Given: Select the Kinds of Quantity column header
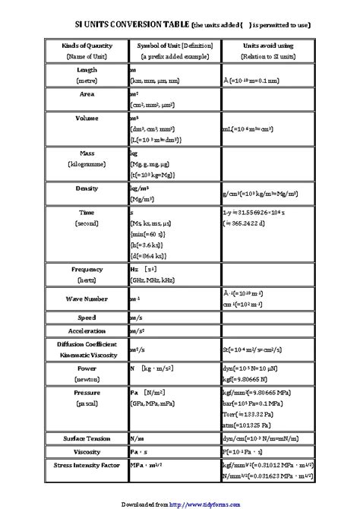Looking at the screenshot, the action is [87, 46].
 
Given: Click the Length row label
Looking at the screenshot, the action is [87, 69].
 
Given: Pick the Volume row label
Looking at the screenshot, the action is [87, 119].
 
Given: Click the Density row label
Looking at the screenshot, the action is [87, 188].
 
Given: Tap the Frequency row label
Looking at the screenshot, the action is [87, 270].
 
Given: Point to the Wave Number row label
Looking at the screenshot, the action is [87, 299].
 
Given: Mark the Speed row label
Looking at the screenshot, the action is [87, 317].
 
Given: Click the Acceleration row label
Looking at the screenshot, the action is [87, 331].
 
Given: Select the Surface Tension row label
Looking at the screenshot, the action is [87, 438].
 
